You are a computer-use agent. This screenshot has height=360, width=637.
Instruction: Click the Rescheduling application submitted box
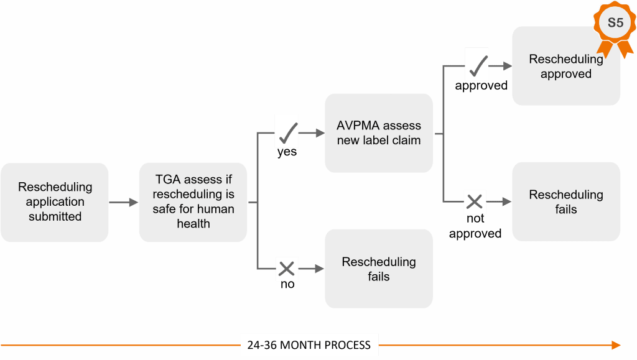[55, 202]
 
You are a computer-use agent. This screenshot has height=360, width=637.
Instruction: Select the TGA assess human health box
[193, 202]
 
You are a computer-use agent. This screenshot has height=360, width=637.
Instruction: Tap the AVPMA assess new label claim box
[379, 132]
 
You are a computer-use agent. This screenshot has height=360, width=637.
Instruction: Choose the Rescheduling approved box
[565, 67]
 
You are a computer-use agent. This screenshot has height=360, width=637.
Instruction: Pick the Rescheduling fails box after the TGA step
[379, 269]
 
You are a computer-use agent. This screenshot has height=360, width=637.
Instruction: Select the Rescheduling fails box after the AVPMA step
[565, 202]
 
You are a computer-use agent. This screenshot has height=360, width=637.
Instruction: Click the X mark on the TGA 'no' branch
[287, 269]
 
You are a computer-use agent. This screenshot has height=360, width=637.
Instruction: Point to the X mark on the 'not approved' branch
[475, 201]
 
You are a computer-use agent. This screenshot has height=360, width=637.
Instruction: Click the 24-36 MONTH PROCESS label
[309, 345]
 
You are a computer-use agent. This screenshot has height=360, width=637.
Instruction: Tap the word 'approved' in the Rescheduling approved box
[565, 74]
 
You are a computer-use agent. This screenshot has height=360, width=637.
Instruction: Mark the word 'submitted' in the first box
[55, 217]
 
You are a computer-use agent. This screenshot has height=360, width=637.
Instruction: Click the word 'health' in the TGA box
[193, 224]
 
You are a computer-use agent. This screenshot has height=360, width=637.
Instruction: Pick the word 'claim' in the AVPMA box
[406, 141]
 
